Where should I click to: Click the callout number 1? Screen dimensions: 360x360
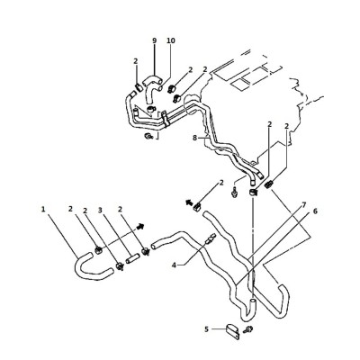click(43, 209)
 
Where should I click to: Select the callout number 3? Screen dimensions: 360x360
click(100, 210)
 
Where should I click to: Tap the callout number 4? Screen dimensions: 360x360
click(174, 265)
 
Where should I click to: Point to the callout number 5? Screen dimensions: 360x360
click(206, 329)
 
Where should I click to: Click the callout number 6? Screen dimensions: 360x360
click(315, 211)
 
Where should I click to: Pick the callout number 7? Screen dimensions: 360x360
click(303, 205)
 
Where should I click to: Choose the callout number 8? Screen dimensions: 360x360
click(194, 138)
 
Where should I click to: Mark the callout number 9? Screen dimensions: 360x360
click(155, 40)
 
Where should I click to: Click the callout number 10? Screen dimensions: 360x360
click(170, 40)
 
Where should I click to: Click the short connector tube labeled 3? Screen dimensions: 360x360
click(132, 259)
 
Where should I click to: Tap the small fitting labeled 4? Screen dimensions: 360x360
click(210, 238)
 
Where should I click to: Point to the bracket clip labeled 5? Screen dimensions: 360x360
click(232, 331)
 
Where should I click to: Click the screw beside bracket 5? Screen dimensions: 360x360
click(247, 329)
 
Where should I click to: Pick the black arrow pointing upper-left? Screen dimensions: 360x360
click(189, 202)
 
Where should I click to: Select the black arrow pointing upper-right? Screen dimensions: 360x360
click(140, 227)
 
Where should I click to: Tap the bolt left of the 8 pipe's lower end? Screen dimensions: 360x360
click(235, 192)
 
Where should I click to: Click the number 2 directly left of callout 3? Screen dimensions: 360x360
click(85, 211)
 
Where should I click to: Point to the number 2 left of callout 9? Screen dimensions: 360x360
click(136, 61)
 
